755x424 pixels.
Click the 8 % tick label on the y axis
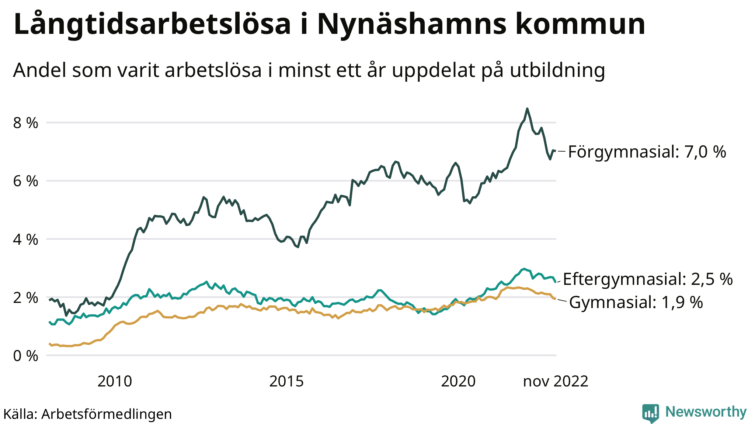point(25,123)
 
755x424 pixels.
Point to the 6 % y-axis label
point(25,181)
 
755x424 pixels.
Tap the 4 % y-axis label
point(25,240)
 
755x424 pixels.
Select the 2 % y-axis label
point(25,298)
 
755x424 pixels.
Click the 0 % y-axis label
point(25,356)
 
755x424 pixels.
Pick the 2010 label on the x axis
point(115,382)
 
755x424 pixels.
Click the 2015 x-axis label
point(286,382)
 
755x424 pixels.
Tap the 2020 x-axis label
point(458,382)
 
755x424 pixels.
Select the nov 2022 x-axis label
point(556,382)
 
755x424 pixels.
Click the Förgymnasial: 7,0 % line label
point(647,152)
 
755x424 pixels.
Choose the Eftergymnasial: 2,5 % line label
point(648,279)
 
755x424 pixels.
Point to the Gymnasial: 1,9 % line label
point(636,303)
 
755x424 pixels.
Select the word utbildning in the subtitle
point(557,70)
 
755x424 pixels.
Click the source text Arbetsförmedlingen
point(107,414)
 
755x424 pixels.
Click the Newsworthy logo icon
point(651,413)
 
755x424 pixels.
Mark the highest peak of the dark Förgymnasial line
point(527,109)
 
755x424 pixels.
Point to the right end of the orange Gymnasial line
point(555,299)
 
